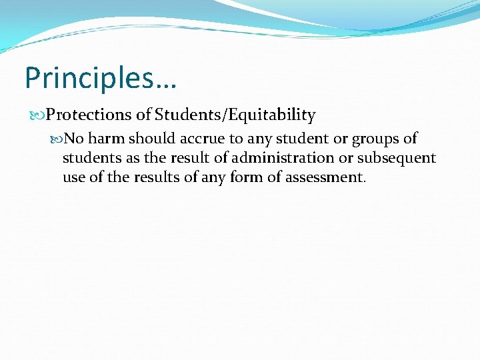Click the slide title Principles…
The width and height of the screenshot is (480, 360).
coord(100,78)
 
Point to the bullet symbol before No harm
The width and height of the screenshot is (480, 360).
coord(57,139)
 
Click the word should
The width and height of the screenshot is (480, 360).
coord(151,139)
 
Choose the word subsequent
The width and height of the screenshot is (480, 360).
coord(397,159)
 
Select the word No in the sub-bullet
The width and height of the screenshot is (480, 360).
coord(73,139)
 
